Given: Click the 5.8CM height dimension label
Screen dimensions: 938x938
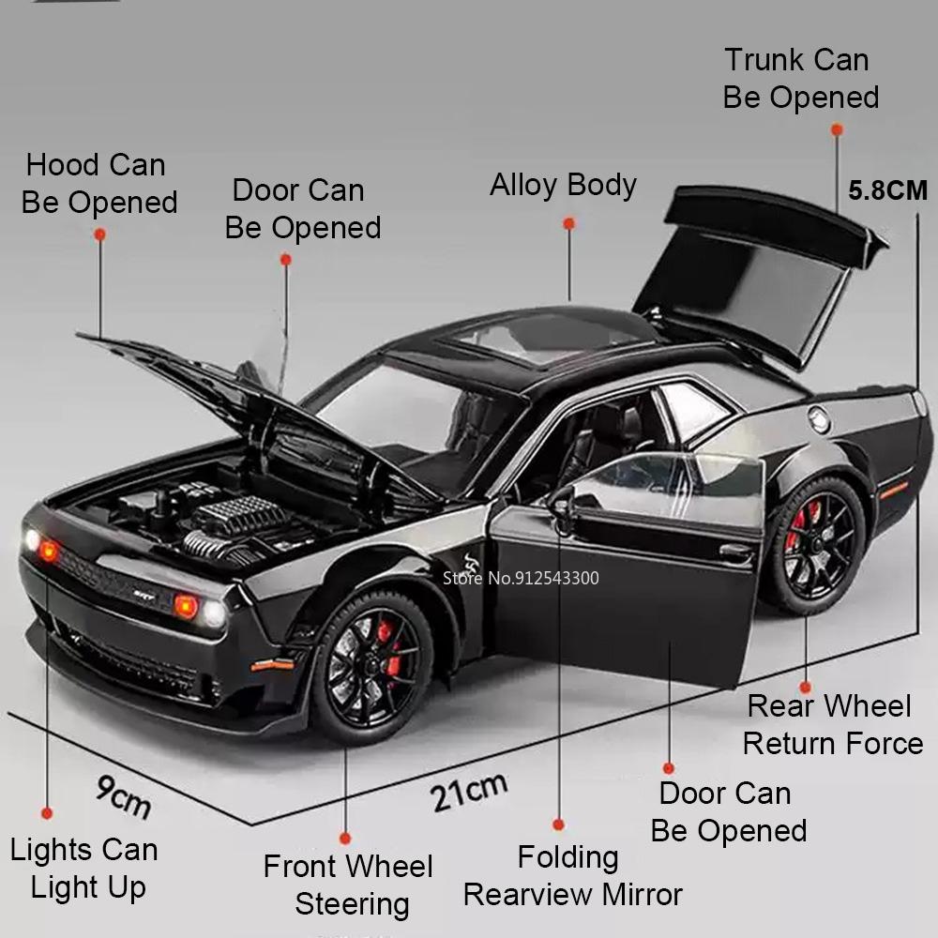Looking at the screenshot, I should (887, 190).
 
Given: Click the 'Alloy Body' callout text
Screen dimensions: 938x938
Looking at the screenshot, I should (563, 185).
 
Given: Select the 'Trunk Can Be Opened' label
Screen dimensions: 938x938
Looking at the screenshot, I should (799, 79).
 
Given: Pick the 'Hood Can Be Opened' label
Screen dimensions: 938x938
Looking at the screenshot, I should (98, 184).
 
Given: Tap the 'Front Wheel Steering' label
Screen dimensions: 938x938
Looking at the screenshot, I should (348, 885).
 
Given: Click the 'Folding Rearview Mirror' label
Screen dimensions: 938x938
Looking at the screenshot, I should (572, 876).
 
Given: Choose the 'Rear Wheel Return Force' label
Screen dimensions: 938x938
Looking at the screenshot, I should (832, 724).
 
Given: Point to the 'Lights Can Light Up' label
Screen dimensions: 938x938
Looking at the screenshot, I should (84, 869).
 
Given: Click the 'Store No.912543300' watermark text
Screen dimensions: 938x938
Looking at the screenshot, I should (521, 578).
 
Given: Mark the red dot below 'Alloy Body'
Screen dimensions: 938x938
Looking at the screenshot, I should (568, 223).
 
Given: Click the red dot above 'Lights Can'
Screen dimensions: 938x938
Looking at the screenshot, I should (46, 813).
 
